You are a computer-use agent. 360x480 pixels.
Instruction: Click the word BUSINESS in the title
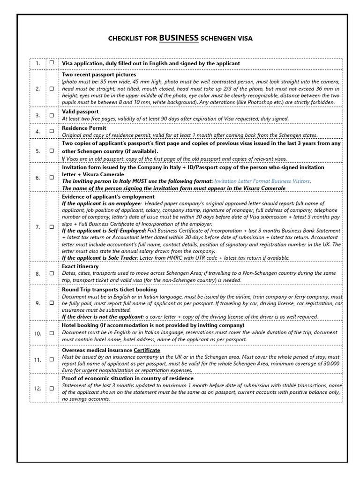coord(179,38)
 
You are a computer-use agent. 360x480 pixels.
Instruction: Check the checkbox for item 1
coord(52,62)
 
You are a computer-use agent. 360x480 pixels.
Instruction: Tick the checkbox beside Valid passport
coord(52,115)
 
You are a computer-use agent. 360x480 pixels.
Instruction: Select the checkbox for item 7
coord(52,227)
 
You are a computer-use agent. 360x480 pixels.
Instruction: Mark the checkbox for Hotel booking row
coord(52,333)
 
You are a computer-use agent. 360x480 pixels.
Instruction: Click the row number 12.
coord(37,389)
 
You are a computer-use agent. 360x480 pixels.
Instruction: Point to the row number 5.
coord(37,151)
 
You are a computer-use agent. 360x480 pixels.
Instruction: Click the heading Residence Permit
coord(84,128)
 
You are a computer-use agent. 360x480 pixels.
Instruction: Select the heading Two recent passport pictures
coord(99,75)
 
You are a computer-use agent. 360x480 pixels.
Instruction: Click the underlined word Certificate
coord(147,350)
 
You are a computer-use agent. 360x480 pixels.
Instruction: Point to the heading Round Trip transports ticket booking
coord(109,290)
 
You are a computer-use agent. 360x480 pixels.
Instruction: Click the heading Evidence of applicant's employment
coord(108,197)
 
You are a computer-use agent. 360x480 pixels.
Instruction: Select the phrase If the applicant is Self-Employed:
coord(104,231)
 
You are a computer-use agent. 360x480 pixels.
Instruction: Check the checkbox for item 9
coord(52,303)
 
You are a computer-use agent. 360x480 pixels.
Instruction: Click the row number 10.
coord(37,333)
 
